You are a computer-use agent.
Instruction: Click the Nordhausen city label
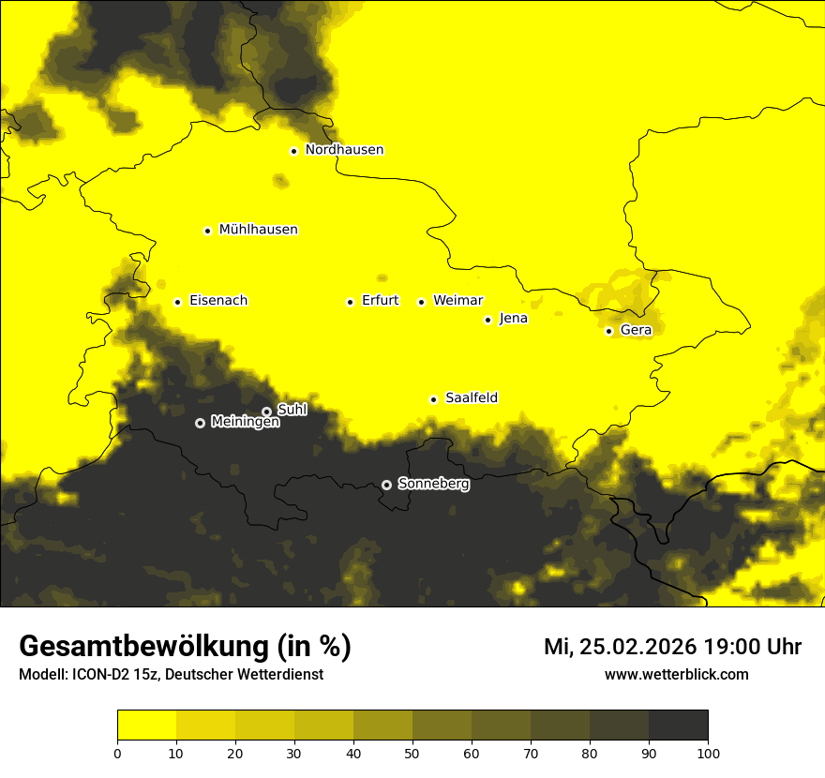point(344,150)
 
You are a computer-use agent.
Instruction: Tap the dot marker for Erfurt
point(350,302)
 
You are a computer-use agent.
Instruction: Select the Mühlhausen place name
point(258,230)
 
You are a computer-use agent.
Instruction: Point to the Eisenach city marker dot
point(177,302)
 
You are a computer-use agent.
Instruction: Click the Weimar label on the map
point(457,301)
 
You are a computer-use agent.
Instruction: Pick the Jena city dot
point(487,320)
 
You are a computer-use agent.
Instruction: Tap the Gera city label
point(636,330)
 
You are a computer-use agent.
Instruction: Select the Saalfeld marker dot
point(433,399)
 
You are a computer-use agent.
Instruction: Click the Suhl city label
point(292,410)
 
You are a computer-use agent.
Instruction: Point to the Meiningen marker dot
point(200,423)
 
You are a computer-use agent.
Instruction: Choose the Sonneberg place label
point(433,485)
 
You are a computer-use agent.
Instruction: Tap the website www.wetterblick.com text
point(676,675)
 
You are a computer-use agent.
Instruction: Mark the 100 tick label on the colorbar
point(708,753)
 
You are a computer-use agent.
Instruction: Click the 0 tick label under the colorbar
point(117,753)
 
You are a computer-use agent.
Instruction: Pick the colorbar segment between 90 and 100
point(678,726)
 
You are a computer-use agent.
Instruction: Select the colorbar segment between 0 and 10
point(146,726)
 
